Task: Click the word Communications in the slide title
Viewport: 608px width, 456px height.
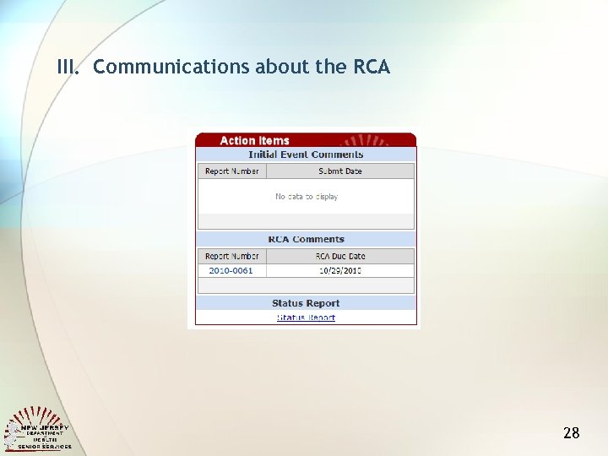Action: (x=171, y=67)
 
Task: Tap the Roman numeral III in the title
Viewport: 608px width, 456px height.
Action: (x=68, y=67)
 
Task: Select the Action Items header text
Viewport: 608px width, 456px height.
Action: (x=254, y=140)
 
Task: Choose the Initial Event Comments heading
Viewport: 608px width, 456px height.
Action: (x=306, y=155)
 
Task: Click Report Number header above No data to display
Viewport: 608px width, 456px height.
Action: (x=231, y=171)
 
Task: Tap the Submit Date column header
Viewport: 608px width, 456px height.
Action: (x=339, y=171)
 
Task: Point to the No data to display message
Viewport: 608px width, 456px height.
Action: (x=306, y=197)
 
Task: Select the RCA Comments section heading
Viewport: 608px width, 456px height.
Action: (x=306, y=239)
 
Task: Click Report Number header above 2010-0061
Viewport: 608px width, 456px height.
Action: (x=231, y=256)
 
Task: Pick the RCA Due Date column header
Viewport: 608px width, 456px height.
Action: (x=339, y=256)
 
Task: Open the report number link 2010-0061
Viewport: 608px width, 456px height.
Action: (x=231, y=271)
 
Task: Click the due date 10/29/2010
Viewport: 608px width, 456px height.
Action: (x=339, y=271)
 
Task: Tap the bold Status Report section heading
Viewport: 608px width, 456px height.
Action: (x=306, y=303)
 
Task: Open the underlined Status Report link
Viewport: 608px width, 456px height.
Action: (x=306, y=318)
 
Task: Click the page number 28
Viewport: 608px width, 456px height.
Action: (x=571, y=433)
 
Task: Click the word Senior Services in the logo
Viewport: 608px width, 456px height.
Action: (x=45, y=447)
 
